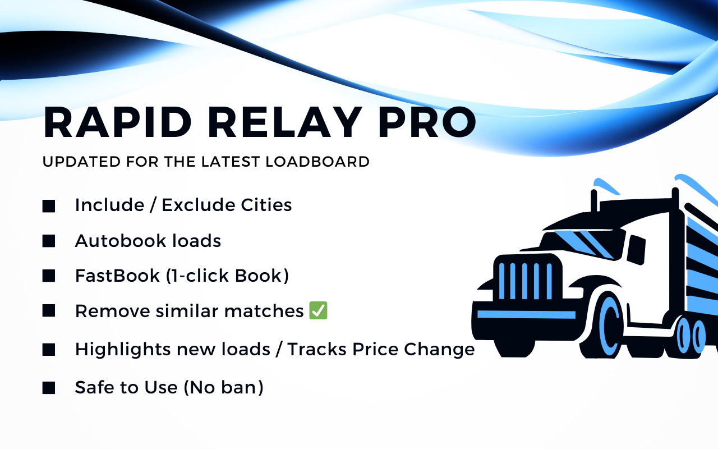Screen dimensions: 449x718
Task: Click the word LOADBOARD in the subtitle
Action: point(317,162)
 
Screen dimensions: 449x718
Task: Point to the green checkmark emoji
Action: point(318,310)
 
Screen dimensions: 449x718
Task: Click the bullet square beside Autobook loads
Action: point(49,241)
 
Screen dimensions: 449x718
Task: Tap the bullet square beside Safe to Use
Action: point(49,388)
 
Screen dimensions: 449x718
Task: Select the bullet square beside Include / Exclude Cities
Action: point(49,206)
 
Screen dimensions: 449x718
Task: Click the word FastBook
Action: point(117,276)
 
